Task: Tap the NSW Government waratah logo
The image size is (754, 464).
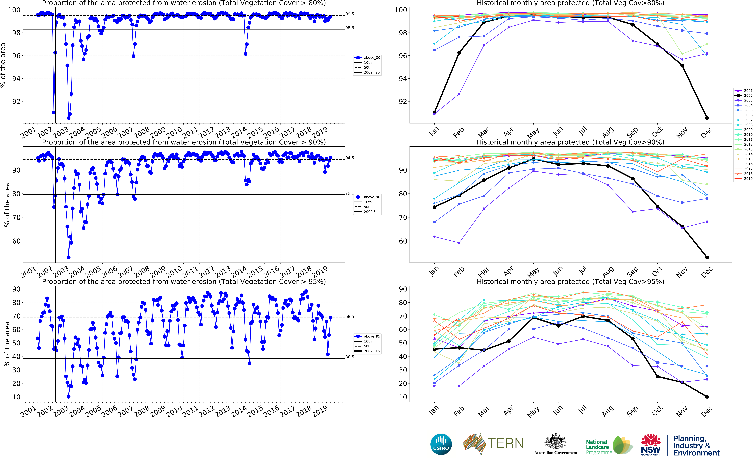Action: pos(650,444)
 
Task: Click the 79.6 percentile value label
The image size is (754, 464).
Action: pos(350,193)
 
